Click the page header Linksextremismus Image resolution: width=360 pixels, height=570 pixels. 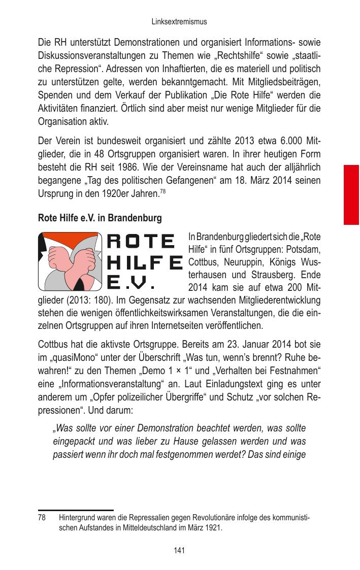179,22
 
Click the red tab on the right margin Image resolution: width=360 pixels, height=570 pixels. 351,194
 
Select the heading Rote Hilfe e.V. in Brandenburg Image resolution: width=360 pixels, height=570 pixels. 100,218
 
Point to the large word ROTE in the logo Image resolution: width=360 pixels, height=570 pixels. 141,241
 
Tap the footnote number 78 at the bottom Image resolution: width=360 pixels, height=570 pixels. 42,519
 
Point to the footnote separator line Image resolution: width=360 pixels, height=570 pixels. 76,510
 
